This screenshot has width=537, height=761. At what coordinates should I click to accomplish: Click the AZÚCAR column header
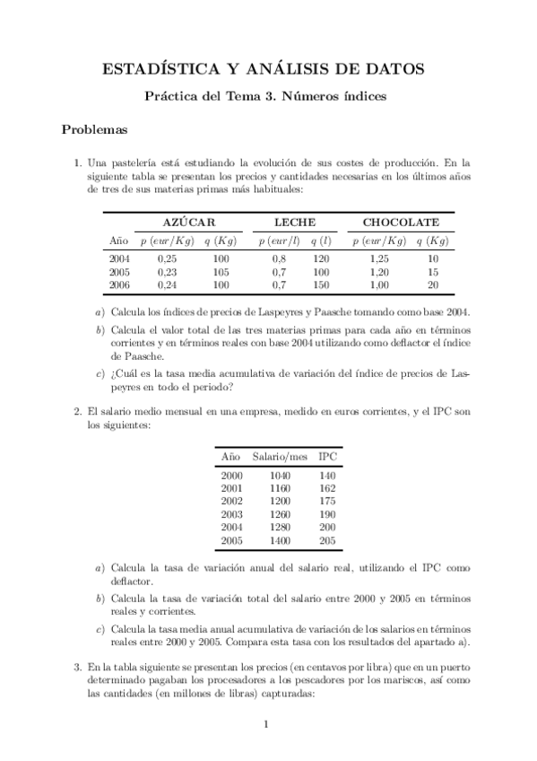pyautogui.click(x=189, y=222)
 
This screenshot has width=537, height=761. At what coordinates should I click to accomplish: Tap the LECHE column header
pyautogui.click(x=295, y=222)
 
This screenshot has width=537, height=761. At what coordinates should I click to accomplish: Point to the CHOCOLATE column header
pyautogui.click(x=401, y=222)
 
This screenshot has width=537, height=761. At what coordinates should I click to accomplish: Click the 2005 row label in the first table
pyautogui.click(x=119, y=272)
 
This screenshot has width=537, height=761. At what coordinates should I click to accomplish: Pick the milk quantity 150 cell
pyautogui.click(x=321, y=285)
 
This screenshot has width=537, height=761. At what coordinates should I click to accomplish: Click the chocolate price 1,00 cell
pyautogui.click(x=378, y=285)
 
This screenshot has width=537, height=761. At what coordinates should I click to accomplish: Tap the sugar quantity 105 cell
pyautogui.click(x=220, y=272)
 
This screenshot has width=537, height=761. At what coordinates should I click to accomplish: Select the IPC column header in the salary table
pyautogui.click(x=327, y=456)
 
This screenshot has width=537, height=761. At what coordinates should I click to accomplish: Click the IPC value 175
pyautogui.click(x=327, y=501)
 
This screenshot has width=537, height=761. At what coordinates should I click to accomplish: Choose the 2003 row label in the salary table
pyautogui.click(x=231, y=514)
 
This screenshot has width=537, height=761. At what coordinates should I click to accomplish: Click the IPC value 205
pyautogui.click(x=327, y=541)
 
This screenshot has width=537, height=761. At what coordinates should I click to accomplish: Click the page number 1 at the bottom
pyautogui.click(x=267, y=725)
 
